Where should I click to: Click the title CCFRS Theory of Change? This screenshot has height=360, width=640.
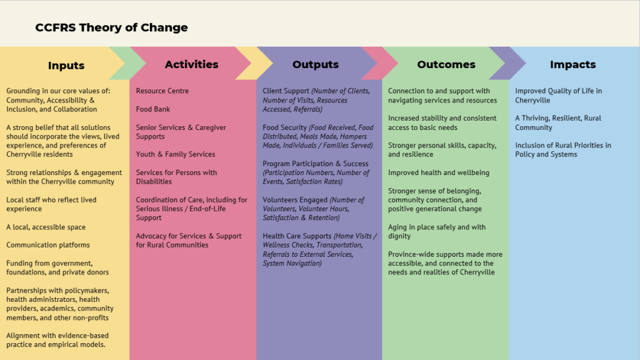(111, 27)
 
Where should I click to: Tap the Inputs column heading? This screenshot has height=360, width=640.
(66, 65)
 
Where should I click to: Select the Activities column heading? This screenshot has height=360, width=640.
(191, 64)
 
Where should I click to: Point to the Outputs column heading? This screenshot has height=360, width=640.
(316, 64)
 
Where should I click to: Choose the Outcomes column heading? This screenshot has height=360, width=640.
(446, 64)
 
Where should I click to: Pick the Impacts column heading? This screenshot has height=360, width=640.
(572, 64)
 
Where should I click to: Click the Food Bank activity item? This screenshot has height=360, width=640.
(152, 109)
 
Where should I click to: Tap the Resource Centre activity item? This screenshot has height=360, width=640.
(162, 91)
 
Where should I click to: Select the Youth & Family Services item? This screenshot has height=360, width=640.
(176, 154)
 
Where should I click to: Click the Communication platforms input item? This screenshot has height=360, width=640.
(47, 245)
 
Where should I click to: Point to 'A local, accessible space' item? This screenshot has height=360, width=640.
(46, 227)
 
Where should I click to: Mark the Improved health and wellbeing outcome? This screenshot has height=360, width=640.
(438, 172)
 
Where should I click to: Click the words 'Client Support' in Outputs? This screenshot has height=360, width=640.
(286, 91)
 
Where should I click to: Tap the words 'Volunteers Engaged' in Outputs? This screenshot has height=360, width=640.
(295, 200)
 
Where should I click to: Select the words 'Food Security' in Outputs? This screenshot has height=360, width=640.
(284, 127)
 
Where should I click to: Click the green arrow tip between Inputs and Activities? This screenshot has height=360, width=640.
(145, 63)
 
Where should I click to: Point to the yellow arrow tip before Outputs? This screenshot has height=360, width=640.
(272, 63)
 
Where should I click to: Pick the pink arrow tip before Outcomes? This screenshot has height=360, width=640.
(397, 63)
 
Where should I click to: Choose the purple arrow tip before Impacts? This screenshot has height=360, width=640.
(525, 63)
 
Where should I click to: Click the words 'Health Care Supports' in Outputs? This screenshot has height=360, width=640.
(297, 236)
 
